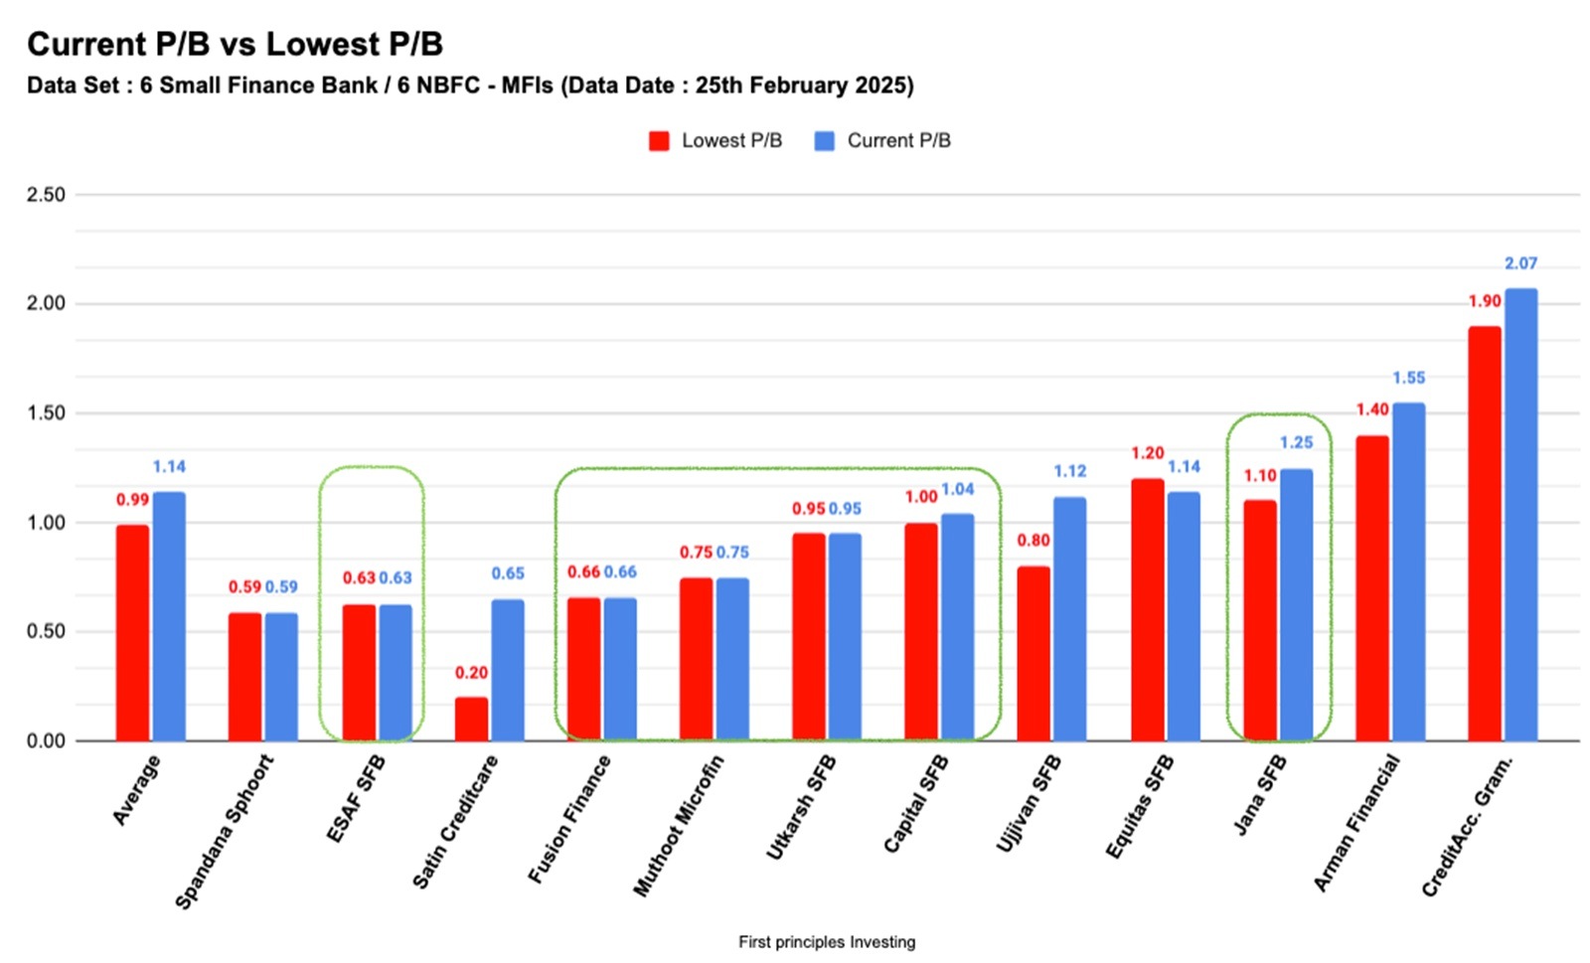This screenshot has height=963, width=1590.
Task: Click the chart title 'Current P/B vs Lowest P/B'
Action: pos(235,45)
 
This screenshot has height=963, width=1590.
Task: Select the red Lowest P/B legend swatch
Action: pos(658,141)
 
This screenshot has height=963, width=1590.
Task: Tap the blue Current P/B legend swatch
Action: pos(824,141)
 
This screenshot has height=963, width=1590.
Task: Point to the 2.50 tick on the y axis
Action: pos(46,195)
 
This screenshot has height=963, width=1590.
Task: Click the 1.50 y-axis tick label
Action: pos(46,413)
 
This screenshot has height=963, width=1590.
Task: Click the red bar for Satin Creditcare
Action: pos(471,719)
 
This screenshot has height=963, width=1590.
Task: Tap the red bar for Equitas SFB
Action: pos(1147,610)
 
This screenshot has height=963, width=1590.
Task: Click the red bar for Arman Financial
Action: pos(1372,588)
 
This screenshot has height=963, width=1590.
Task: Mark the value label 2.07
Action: pos(1520,263)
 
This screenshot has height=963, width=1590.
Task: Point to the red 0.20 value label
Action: pos(471,673)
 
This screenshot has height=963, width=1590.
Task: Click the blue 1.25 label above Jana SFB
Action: pos(1296,442)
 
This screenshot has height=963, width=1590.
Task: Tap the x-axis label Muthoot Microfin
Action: pos(680,825)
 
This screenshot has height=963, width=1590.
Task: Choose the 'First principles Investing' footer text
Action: pos(827,941)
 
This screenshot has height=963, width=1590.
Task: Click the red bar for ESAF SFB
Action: pos(359,673)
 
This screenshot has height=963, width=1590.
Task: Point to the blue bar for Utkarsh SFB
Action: pos(845,637)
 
